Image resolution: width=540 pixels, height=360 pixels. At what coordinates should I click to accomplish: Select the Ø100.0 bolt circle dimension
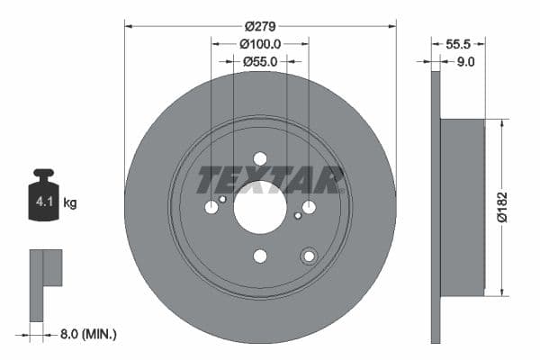(261, 42)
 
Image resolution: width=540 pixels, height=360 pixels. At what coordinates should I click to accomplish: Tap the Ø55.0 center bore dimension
(260, 61)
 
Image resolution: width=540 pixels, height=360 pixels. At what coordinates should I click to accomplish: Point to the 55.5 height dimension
(459, 42)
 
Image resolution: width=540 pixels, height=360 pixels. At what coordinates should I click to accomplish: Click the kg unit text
(69, 203)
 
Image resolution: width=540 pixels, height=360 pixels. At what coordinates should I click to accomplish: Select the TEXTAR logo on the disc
(270, 179)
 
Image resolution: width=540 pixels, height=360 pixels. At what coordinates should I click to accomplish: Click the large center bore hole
(260, 207)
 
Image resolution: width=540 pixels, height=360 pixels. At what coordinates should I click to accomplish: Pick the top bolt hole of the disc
(260, 158)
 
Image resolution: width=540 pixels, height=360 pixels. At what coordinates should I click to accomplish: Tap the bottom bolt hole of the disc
(260, 256)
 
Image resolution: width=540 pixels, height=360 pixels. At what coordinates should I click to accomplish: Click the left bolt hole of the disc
(211, 208)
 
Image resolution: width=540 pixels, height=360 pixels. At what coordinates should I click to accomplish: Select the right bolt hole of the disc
(309, 208)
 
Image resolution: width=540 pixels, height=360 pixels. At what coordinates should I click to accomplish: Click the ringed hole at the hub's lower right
(309, 256)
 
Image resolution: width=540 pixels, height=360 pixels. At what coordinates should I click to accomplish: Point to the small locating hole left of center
(223, 199)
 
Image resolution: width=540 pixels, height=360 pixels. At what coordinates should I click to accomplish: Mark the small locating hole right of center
(297, 216)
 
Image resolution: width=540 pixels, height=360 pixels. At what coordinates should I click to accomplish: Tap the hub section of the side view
(463, 208)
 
